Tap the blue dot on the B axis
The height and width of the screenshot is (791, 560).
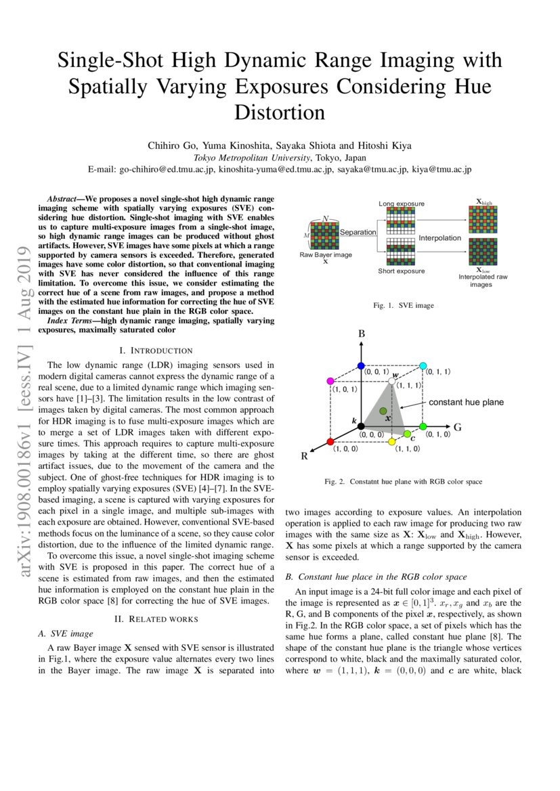(361, 365)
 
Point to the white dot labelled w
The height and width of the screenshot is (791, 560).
(391, 382)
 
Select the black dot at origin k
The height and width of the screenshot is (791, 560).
(361, 426)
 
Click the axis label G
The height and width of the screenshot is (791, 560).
(457, 427)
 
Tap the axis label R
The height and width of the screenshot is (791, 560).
(305, 457)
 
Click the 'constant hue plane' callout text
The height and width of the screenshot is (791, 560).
(465, 402)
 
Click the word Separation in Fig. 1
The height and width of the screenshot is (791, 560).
(358, 232)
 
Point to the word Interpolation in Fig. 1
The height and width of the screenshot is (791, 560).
(439, 238)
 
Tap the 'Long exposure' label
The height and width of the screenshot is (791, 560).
(402, 203)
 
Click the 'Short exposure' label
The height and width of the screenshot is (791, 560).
(401, 271)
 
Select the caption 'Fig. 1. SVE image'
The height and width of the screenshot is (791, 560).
(404, 306)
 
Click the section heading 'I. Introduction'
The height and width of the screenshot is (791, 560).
(156, 351)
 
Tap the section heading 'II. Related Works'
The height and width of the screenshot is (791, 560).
(156, 618)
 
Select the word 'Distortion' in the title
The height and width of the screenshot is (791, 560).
(280, 112)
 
